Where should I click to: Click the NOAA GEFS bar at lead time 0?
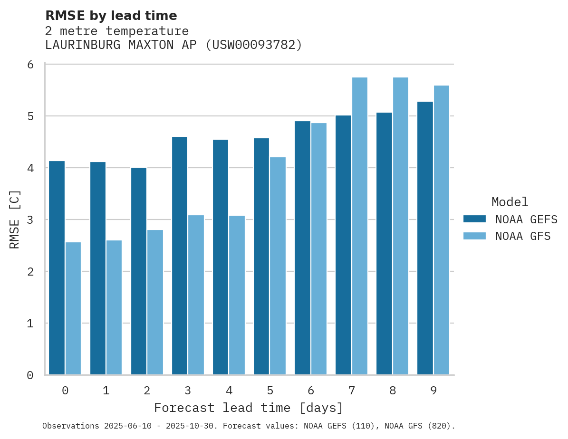click(x=57, y=268)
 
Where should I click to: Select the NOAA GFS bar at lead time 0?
click(x=73, y=309)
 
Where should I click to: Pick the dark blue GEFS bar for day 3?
click(x=180, y=256)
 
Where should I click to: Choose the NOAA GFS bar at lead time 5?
click(x=278, y=266)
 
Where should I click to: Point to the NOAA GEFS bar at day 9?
click(x=425, y=238)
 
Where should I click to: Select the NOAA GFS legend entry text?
click(x=522, y=236)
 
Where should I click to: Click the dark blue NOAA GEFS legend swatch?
click(x=474, y=219)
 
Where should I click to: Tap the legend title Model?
click(x=510, y=202)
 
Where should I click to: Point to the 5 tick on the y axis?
click(x=30, y=116)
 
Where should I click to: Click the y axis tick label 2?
click(x=30, y=272)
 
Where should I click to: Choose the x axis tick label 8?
click(x=393, y=391)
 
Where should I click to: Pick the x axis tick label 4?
click(x=229, y=391)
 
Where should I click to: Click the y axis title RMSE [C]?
click(x=15, y=219)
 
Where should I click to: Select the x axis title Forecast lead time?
click(x=248, y=408)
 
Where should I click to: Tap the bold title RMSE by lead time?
click(x=111, y=16)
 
